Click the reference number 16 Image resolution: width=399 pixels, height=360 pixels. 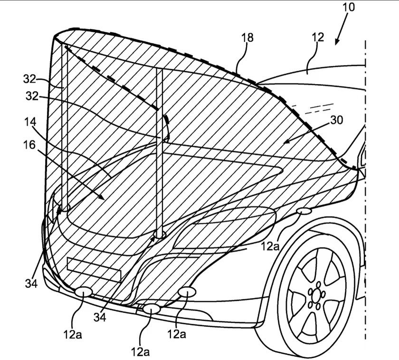tap(29, 144)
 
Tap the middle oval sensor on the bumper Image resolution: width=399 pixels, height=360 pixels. tap(152, 308)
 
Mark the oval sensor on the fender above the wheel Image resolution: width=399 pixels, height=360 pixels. tap(303, 211)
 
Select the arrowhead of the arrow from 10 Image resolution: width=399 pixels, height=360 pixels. tap(337, 42)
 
